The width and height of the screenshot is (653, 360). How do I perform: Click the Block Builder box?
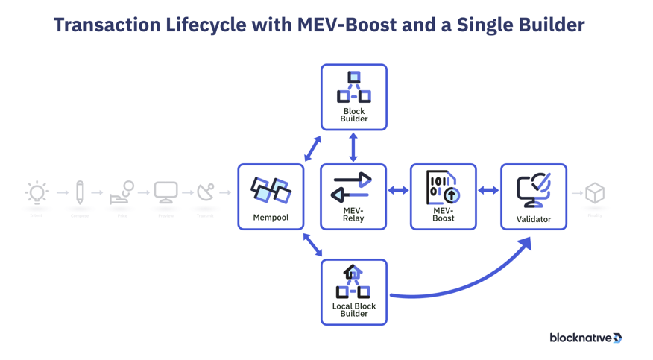(x=354, y=98)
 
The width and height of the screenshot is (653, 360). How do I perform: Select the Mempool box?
(x=271, y=197)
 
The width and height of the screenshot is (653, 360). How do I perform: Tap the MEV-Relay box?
(x=353, y=197)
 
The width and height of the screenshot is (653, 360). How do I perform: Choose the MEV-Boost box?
(x=444, y=197)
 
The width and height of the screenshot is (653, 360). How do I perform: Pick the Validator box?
(x=534, y=197)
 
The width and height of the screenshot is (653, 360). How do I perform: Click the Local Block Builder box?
(x=354, y=292)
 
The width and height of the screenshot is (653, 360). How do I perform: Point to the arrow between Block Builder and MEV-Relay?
(x=353, y=148)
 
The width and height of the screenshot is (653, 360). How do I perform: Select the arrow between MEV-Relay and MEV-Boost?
(x=398, y=191)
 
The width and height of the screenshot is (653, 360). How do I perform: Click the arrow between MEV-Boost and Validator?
(x=488, y=191)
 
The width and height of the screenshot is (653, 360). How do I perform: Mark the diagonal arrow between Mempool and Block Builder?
(x=312, y=148)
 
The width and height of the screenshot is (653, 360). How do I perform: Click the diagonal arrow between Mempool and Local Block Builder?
(x=313, y=244)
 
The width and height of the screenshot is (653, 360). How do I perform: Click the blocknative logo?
(x=586, y=338)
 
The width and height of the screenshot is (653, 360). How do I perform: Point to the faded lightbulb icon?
(x=36, y=193)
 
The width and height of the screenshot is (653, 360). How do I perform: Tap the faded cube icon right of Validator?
(x=595, y=193)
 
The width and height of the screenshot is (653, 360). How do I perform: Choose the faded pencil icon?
(x=80, y=192)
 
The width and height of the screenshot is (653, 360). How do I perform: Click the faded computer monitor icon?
(x=165, y=192)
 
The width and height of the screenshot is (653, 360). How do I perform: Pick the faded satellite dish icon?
(x=205, y=192)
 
